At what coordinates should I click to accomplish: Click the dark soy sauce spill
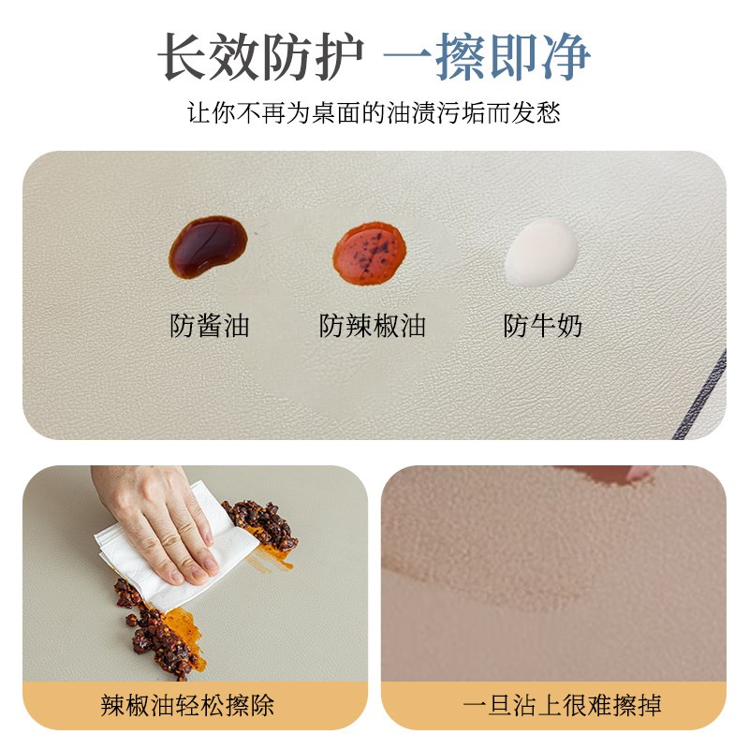pyautogui.click(x=208, y=246)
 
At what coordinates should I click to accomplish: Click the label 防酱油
pyautogui.click(x=210, y=326)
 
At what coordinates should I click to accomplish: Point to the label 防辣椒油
pyautogui.click(x=373, y=326)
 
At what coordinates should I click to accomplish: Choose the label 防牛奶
pyautogui.click(x=543, y=326)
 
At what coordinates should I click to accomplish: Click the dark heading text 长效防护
pyautogui.click(x=259, y=58)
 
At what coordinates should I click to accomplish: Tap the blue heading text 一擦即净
pyautogui.click(x=487, y=58)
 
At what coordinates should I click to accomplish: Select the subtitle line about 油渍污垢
pyautogui.click(x=374, y=114)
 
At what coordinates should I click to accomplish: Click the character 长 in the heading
pyautogui.click(x=182, y=58)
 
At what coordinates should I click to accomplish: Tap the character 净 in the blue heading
pyautogui.click(x=565, y=58)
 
